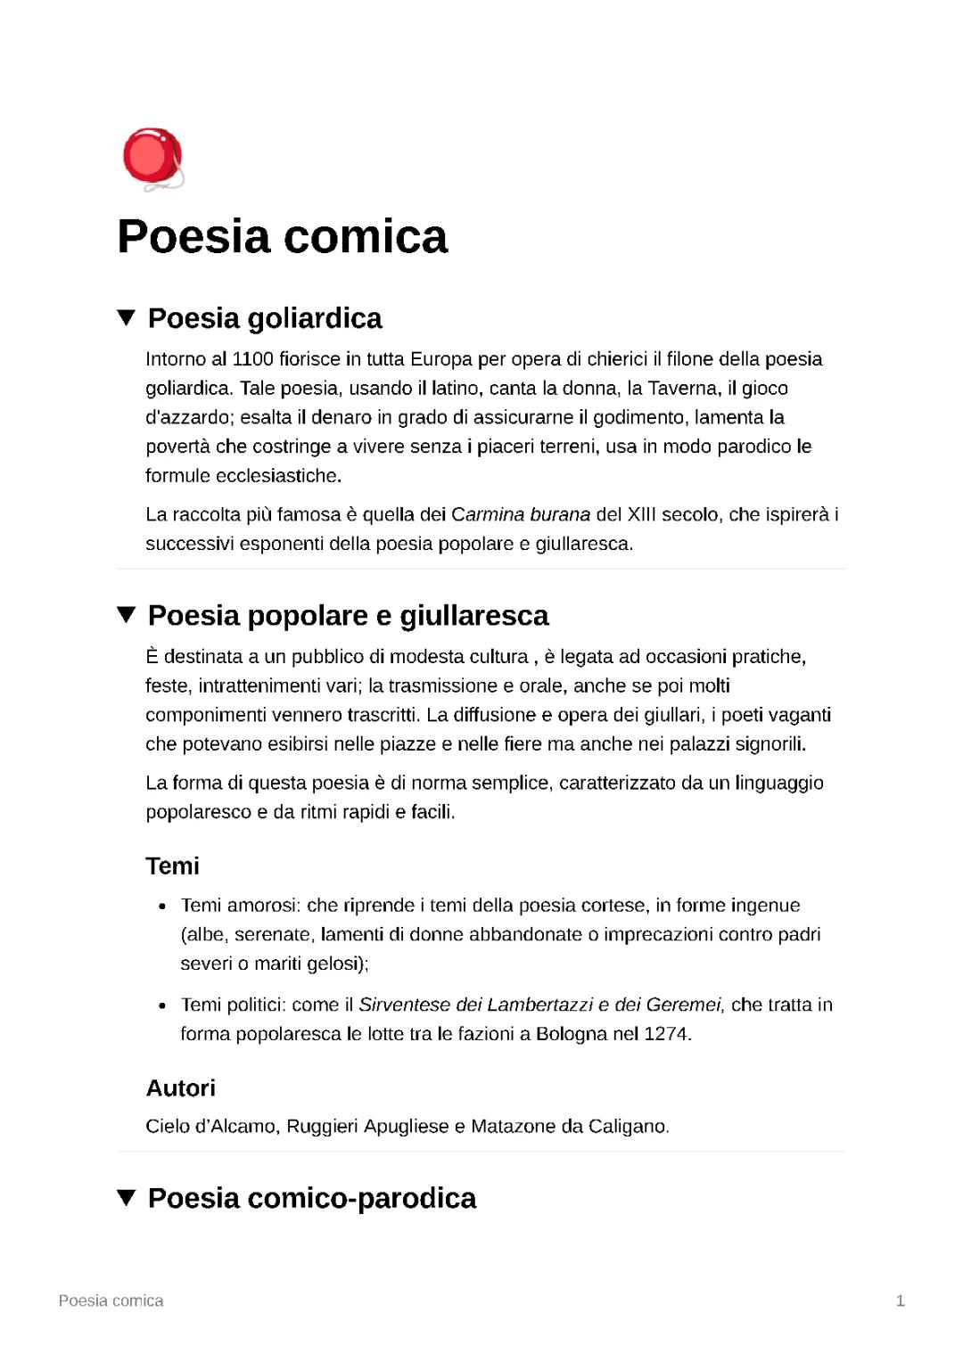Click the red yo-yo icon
[152, 158]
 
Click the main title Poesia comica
[282, 236]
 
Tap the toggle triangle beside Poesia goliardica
[127, 317]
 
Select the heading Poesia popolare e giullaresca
[348, 615]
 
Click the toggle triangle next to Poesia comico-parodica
[127, 1197]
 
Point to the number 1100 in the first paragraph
[252, 359]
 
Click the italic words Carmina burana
[521, 514]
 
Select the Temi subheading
[172, 866]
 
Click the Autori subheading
[180, 1087]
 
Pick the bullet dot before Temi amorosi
[162, 907]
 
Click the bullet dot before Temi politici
[162, 1005]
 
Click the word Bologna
[571, 1034]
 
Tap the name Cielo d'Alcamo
[211, 1126]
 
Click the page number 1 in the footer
[901, 1300]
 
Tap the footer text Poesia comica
[111, 1300]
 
